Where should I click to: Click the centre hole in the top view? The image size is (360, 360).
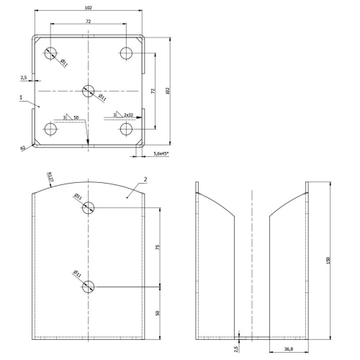tap(88, 91)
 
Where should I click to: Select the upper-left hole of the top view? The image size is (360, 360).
tap(50, 53)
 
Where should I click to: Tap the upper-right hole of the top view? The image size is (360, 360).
tap(126, 53)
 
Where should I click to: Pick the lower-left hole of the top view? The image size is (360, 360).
tap(50, 129)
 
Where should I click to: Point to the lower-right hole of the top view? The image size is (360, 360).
tap(126, 129)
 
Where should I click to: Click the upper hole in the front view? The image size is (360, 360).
tap(88, 207)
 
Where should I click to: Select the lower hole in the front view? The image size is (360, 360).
tap(88, 287)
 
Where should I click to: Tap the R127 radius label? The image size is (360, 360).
tap(50, 176)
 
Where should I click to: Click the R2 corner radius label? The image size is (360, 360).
tap(23, 148)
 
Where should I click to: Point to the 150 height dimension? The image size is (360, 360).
tap(328, 261)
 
